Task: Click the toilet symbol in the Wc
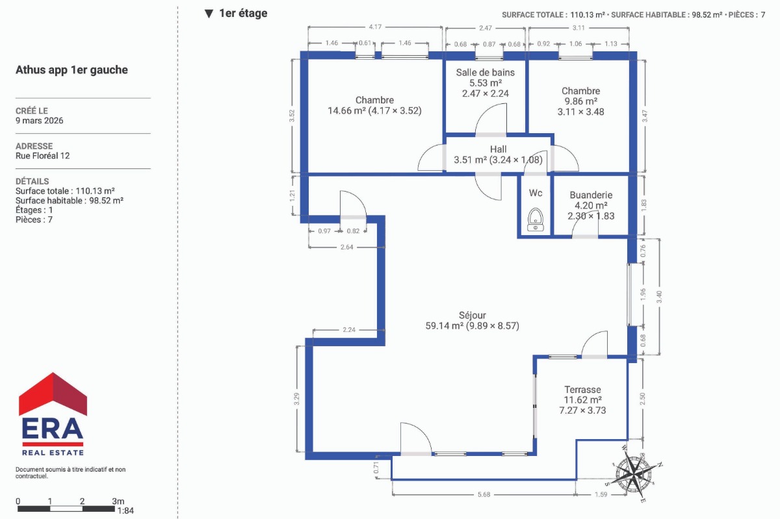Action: [536, 220]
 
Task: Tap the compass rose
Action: [634, 473]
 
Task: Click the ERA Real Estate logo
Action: [53, 414]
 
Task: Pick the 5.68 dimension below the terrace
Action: [484, 494]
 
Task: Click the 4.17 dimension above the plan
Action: [375, 27]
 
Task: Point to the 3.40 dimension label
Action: [659, 297]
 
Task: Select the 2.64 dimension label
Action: [346, 247]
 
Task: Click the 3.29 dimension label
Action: [296, 399]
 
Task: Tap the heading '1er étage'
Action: [243, 13]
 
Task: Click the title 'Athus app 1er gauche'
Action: [71, 70]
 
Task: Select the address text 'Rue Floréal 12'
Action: [42, 156]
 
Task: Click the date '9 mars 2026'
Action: [40, 120]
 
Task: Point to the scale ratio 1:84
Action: [125, 511]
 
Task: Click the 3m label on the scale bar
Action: [118, 501]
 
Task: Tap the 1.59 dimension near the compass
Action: [601, 494]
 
